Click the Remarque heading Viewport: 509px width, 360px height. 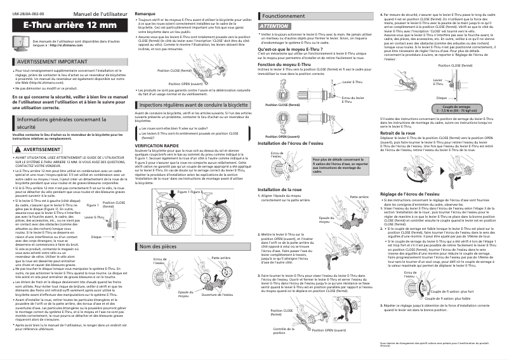(145, 13)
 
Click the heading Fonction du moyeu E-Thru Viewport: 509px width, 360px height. (287, 64)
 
